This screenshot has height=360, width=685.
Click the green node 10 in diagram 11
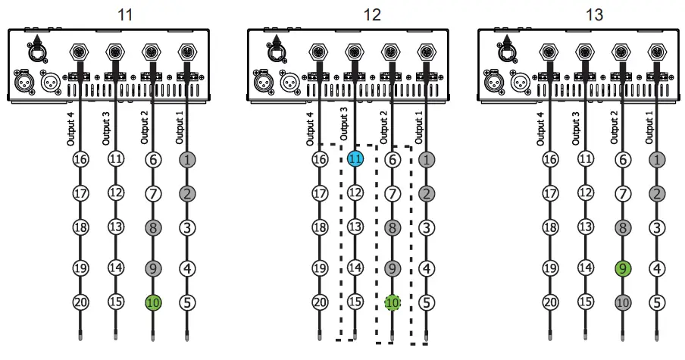[153, 302]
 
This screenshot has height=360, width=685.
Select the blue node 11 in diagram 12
[355, 159]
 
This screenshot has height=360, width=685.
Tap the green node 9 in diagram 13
[623, 268]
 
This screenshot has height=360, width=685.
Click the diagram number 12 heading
[372, 14]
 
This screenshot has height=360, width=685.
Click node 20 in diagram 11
[81, 302]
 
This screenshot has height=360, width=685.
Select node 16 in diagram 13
[551, 159]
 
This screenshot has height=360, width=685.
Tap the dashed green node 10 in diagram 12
[393, 302]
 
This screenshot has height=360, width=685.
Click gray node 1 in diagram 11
[186, 159]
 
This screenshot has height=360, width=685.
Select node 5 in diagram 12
[427, 302]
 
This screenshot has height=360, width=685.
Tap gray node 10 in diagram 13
[623, 302]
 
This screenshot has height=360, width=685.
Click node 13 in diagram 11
[116, 227]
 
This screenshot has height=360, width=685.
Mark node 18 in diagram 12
[320, 227]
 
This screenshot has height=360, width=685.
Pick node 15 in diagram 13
[585, 302]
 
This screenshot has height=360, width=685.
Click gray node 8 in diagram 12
[393, 227]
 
